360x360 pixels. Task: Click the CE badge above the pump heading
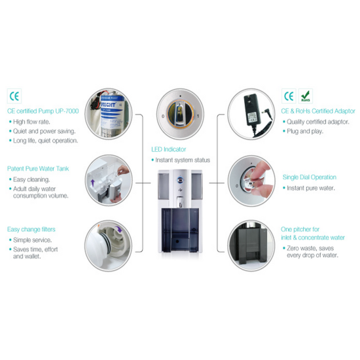14,95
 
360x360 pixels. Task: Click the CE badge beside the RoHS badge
289,96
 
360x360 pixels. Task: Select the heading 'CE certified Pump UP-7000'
43,111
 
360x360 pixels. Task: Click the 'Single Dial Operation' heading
310,177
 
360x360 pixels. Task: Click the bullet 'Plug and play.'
305,131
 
